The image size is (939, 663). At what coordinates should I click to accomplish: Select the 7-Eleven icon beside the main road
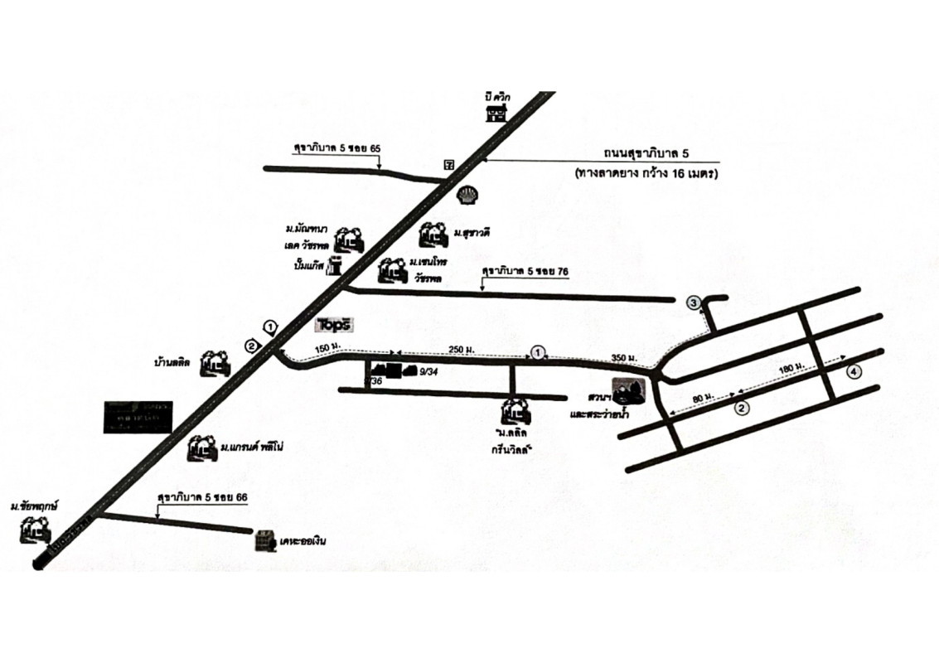point(449,164)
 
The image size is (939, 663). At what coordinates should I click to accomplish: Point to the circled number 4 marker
point(854,371)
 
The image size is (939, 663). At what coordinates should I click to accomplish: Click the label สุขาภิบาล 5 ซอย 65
point(337,148)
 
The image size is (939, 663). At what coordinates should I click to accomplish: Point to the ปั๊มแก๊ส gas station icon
point(335,266)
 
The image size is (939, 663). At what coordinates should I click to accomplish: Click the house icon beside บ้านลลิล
point(217,362)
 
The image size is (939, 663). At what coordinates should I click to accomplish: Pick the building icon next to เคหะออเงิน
point(264,540)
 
